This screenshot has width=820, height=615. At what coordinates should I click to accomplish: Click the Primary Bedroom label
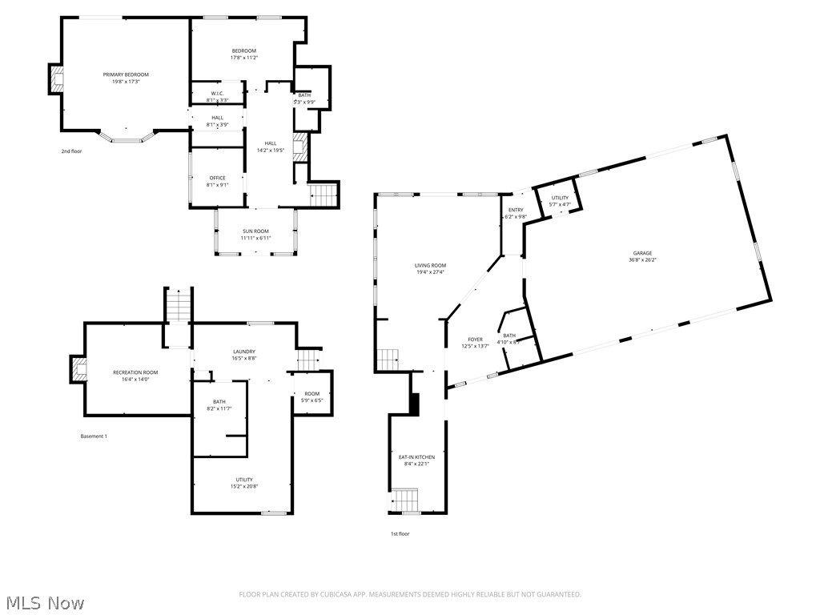click(126, 74)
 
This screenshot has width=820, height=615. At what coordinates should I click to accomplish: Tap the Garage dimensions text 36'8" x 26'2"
click(642, 259)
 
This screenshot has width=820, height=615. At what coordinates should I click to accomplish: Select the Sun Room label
click(256, 231)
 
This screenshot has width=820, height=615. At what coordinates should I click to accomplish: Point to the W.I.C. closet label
click(217, 94)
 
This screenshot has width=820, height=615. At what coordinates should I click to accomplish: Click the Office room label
click(217, 178)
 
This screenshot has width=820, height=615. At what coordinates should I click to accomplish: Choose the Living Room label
click(430, 265)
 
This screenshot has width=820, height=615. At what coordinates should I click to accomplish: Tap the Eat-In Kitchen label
click(416, 457)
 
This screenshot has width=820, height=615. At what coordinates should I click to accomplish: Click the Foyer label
click(475, 340)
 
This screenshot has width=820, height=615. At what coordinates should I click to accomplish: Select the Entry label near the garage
click(515, 210)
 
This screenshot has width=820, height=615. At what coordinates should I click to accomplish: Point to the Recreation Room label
click(135, 372)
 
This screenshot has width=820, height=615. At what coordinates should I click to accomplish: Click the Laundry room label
click(244, 352)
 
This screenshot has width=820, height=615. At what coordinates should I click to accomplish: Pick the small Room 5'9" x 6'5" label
click(312, 394)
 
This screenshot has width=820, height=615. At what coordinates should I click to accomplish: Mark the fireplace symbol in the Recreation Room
click(78, 368)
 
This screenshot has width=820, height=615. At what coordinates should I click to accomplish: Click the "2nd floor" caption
click(71, 151)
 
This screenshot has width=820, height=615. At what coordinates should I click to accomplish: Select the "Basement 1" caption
click(93, 436)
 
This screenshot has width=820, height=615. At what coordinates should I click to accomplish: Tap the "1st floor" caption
click(399, 533)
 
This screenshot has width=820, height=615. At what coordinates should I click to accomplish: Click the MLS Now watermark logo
click(43, 602)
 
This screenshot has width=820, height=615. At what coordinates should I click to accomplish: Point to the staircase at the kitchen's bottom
click(404, 501)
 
